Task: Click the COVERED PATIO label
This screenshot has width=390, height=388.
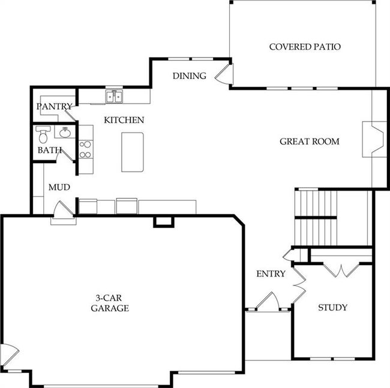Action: click(305, 47)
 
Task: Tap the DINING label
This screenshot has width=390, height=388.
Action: click(190, 76)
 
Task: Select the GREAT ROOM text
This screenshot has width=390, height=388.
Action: click(310, 142)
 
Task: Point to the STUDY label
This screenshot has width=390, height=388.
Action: click(332, 308)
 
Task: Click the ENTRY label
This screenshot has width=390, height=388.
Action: click(271, 273)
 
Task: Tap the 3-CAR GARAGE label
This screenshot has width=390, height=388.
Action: click(110, 303)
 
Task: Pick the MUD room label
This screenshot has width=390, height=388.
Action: click(59, 187)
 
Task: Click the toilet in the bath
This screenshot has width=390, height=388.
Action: click(43, 134)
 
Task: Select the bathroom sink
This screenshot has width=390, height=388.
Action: click(65, 133)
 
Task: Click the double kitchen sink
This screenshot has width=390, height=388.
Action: click(114, 96)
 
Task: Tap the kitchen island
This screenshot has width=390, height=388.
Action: click(133, 152)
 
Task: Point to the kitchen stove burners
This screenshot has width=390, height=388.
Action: click(85, 149)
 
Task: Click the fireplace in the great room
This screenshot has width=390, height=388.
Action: click(374, 139)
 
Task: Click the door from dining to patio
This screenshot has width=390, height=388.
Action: click(224, 74)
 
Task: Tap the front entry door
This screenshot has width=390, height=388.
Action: click(268, 301)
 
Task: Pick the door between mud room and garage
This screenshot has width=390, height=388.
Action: click(64, 210)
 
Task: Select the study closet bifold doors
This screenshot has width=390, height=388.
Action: click(341, 270)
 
